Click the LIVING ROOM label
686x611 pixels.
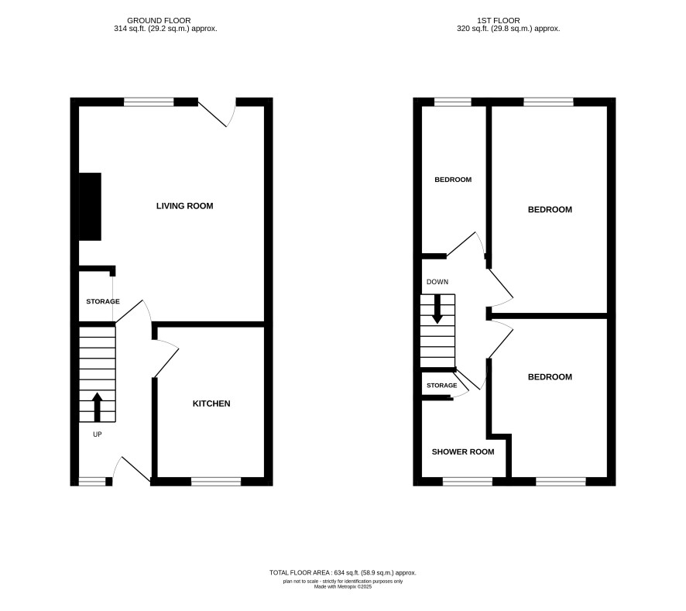tap(184, 206)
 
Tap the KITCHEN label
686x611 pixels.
tap(211, 403)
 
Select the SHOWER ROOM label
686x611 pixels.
tap(463, 451)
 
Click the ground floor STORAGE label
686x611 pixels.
tap(103, 301)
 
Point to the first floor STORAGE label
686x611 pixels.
tap(442, 386)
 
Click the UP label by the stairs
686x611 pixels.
tap(97, 434)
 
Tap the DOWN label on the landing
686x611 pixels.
tap(437, 282)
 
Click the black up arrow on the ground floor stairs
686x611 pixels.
tap(97, 407)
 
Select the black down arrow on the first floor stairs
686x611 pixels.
tap(437, 310)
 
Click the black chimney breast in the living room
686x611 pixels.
tap(90, 207)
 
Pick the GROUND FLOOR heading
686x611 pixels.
tap(159, 21)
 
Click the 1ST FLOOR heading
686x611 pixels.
tap(499, 21)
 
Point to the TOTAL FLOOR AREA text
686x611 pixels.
tap(342, 572)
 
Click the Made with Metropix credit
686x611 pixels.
tap(342, 586)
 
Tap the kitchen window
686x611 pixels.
tap(216, 482)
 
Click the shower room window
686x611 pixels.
tap(468, 482)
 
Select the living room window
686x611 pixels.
tap(149, 102)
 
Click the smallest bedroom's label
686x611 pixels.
tap(453, 180)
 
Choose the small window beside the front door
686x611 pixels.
tap(92, 482)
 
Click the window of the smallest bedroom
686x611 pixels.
tap(453, 102)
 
